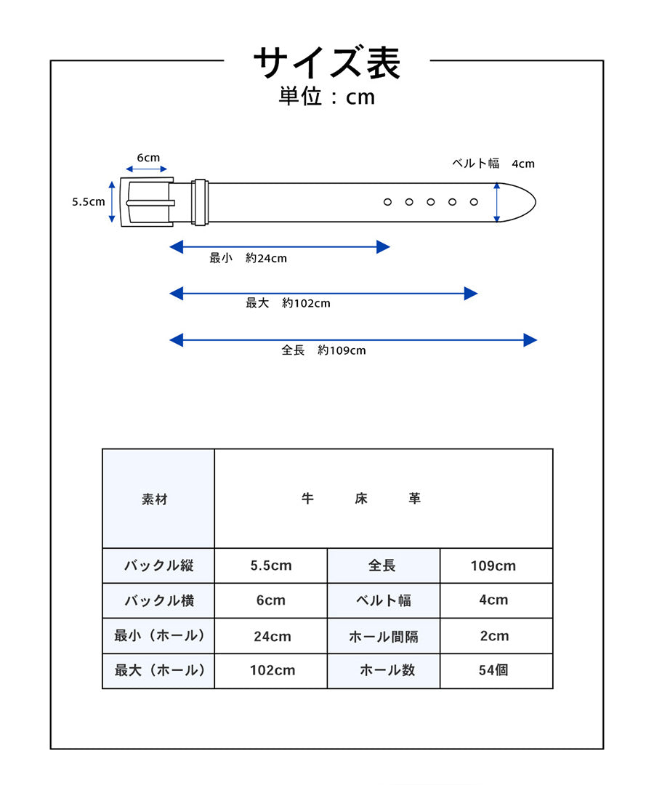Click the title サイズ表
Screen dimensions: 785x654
[327, 63]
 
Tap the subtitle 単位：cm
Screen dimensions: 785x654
[327, 97]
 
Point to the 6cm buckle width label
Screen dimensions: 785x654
[148, 158]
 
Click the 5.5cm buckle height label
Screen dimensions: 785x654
[89, 202]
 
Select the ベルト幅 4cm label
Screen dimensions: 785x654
[493, 164]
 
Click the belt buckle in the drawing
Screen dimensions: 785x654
[148, 202]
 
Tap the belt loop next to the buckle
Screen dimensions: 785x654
[201, 202]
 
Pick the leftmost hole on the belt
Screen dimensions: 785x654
[387, 202]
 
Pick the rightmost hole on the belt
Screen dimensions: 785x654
[474, 202]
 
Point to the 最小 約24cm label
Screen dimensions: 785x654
[248, 258]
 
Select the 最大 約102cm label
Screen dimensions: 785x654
[288, 303]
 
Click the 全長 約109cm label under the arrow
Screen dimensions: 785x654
[323, 350]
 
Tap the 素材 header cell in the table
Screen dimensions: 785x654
[155, 499]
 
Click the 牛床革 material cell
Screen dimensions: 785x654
[361, 499]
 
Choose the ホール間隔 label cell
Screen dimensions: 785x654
[384, 637]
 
